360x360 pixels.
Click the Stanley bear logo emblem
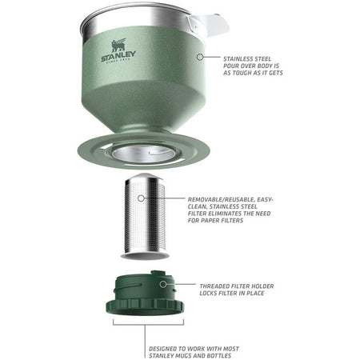pos(118,46)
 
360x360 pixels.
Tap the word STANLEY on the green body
pos(118,56)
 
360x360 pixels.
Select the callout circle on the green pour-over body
pos(200,57)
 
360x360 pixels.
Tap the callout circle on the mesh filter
pos(141,198)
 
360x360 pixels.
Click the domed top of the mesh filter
pos(144,176)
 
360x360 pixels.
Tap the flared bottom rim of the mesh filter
pos(145,255)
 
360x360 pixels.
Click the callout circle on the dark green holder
pos(163,284)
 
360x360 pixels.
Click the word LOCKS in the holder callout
pos(208,294)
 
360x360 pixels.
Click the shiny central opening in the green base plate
pos(143,154)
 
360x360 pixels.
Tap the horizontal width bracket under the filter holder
pos(148,325)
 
